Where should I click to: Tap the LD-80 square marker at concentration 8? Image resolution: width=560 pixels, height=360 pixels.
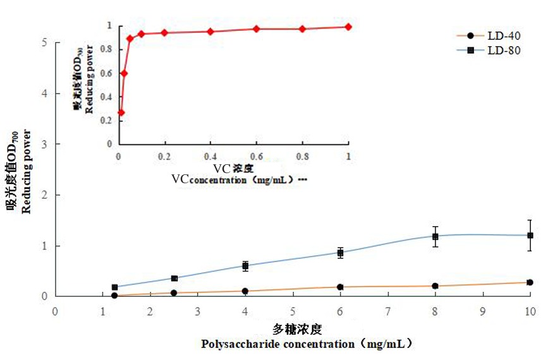(435, 237)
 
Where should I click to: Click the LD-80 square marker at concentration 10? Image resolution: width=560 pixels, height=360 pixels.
(530, 236)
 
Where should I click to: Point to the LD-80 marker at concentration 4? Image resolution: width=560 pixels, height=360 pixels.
(245, 266)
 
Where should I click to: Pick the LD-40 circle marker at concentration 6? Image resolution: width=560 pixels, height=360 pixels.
(340, 287)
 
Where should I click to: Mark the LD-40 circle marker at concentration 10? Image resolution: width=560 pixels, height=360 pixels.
(530, 282)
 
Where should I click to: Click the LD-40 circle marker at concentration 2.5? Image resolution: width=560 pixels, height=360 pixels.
(174, 292)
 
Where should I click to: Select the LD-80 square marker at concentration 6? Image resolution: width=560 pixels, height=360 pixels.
(340, 253)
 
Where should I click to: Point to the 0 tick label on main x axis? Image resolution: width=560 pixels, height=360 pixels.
(55, 311)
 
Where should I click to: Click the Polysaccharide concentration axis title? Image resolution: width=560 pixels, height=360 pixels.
(307, 344)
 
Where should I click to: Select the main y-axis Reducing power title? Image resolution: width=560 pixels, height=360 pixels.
(27, 171)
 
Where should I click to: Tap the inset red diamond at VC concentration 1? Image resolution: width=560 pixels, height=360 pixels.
(348, 27)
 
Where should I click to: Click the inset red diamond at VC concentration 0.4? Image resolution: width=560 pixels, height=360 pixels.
(210, 32)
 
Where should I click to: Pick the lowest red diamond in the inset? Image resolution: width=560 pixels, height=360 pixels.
(121, 112)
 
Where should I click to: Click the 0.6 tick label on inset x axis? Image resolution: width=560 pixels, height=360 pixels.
(256, 156)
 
